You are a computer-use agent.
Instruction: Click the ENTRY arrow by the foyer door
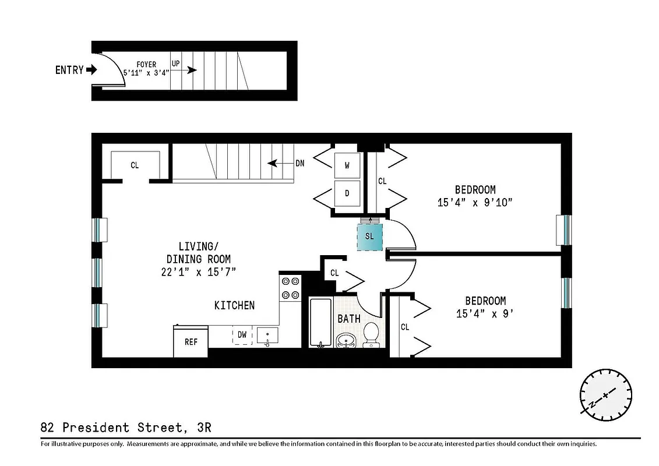[91, 70]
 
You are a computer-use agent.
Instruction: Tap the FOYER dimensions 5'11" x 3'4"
[146, 74]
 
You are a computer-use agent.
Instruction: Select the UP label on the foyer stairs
[175, 62]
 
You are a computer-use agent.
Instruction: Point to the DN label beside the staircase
[299, 163]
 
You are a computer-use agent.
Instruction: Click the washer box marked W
[347, 165]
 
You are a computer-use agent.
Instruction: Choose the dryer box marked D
[347, 193]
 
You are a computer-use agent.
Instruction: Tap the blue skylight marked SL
[369, 236]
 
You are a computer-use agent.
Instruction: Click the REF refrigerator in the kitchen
[191, 341]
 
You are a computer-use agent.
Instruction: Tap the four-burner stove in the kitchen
[290, 288]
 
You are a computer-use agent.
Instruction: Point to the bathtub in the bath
[320, 322]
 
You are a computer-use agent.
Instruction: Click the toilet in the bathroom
[371, 334]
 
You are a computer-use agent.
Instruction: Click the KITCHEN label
[234, 305]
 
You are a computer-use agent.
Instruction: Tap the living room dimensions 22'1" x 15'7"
[198, 271]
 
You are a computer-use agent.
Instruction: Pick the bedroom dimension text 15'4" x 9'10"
[475, 203]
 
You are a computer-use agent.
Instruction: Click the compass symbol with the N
[605, 394]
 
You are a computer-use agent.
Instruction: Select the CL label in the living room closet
[135, 165]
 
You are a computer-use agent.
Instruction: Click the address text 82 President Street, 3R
[126, 428]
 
